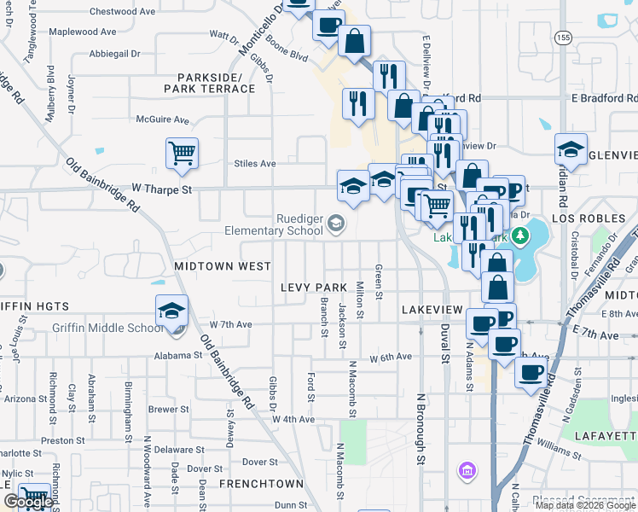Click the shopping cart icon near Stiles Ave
click(x=182, y=154)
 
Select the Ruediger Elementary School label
click(x=275, y=224)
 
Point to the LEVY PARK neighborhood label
click(x=315, y=288)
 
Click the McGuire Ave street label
click(x=162, y=120)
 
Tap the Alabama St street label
click(x=177, y=356)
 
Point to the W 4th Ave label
click(x=293, y=419)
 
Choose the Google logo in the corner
click(x=27, y=502)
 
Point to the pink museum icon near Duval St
click(x=466, y=470)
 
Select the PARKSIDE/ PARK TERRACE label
click(x=210, y=83)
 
